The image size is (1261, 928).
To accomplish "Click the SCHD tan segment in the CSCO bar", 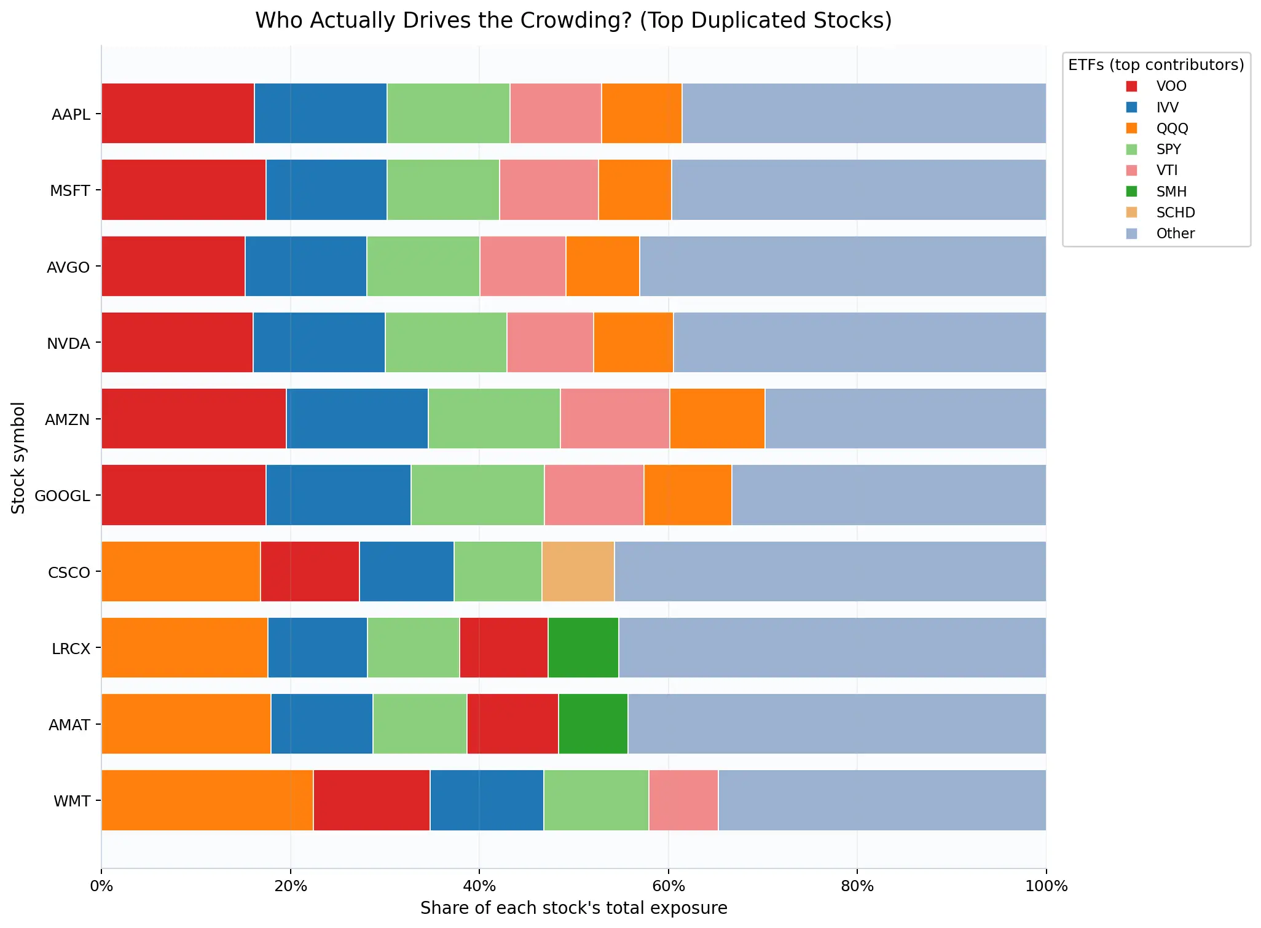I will point(578,571).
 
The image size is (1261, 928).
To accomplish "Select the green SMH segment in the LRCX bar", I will point(583,647).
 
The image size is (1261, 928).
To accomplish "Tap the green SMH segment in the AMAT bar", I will point(592,723).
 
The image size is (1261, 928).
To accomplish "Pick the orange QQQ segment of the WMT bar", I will point(207,800).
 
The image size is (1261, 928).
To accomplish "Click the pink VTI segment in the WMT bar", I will point(683,800).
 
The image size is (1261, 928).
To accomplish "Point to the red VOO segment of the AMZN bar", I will point(194,418).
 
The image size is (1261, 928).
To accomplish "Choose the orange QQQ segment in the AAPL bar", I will point(641,113).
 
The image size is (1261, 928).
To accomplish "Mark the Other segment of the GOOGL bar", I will point(888,495).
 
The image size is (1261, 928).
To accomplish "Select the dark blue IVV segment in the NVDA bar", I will point(318,342).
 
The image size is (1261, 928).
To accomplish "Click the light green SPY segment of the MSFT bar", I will point(442,189).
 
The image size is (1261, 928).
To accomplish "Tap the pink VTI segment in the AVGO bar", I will point(522,266).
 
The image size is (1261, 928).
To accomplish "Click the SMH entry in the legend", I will point(1171,192).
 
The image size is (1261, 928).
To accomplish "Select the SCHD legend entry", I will point(1175,213).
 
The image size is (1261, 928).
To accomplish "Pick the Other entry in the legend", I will point(1175,233).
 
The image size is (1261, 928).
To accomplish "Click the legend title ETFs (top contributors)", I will point(1155,65).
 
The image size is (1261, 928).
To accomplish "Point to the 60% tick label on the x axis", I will point(668,886).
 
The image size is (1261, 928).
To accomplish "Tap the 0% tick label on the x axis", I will point(101,886).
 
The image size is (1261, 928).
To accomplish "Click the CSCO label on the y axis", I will point(69,572).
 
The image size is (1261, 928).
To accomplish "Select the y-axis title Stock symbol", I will point(18,458).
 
